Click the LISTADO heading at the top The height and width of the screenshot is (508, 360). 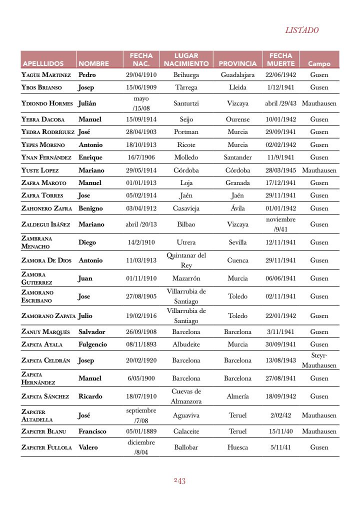(301, 30)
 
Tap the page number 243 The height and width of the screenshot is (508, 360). (180, 481)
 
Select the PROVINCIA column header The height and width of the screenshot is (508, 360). (237, 63)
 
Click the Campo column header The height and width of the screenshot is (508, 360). (319, 63)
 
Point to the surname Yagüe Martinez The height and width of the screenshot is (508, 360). (46, 75)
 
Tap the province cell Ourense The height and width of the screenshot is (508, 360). (237, 119)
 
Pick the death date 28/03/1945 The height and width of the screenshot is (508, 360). (280, 170)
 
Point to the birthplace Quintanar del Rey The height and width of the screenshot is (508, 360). (186, 260)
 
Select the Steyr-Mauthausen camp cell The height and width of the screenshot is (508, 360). (319, 360)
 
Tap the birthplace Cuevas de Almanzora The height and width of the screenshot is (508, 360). (186, 396)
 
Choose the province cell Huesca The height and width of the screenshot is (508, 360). (237, 447)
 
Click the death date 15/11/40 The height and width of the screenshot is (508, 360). (280, 431)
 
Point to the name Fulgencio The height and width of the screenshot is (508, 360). (92, 344)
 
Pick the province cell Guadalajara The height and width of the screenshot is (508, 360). (237, 75)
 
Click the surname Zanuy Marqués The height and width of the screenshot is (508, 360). (45, 332)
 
